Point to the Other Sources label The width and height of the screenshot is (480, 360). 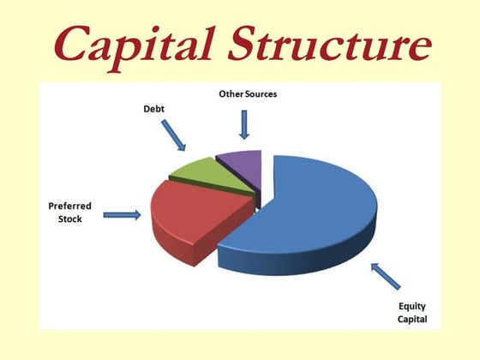243,93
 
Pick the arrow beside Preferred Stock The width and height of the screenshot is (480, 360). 122,215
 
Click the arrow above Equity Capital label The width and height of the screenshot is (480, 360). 385,276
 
